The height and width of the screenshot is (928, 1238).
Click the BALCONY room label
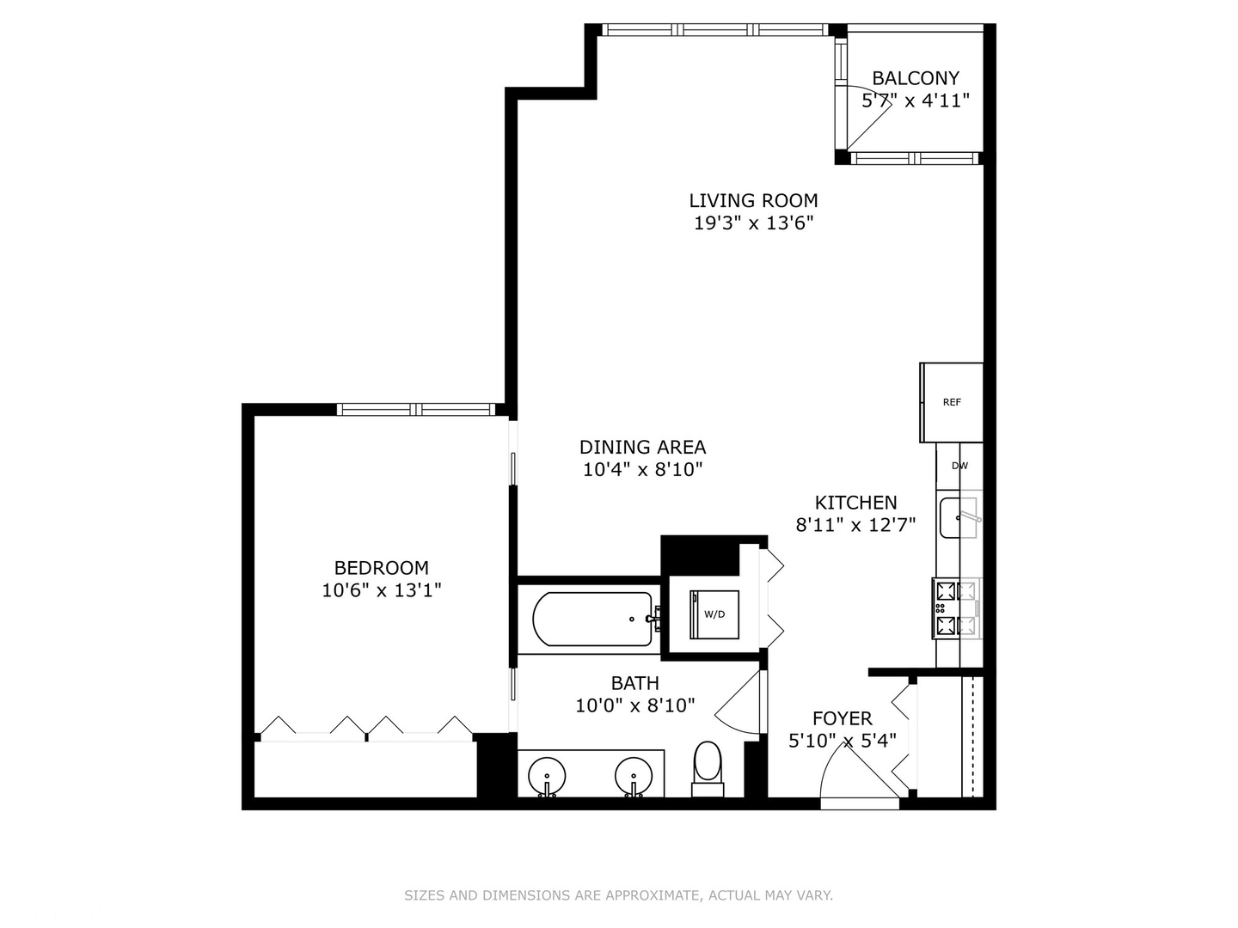click(x=916, y=78)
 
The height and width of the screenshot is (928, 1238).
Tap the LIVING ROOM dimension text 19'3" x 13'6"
click(x=754, y=223)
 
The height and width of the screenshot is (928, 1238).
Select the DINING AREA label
click(x=642, y=447)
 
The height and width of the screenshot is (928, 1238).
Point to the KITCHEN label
click(x=855, y=503)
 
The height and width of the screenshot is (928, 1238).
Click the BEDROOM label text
click(x=381, y=568)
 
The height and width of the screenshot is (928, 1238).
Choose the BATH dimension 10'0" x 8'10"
click(x=634, y=705)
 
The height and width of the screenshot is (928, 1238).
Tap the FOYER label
click(x=842, y=718)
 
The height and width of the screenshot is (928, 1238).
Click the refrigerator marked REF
click(x=952, y=402)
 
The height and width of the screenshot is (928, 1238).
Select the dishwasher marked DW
click(x=959, y=466)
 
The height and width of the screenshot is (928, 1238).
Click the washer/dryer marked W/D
click(x=714, y=614)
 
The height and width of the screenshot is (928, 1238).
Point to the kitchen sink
click(x=959, y=517)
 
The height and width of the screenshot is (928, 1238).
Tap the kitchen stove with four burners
click(x=956, y=608)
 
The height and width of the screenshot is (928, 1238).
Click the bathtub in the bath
click(x=593, y=619)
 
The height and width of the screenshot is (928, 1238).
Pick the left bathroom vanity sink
click(x=547, y=776)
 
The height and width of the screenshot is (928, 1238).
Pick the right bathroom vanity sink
click(x=634, y=776)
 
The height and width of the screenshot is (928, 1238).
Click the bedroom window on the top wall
click(x=416, y=409)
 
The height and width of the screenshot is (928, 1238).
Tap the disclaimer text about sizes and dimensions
click(x=618, y=895)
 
